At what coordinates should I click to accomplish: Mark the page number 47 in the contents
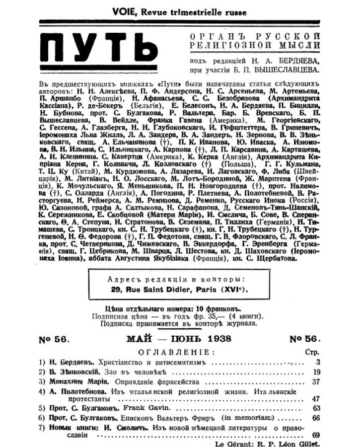pos(316,398)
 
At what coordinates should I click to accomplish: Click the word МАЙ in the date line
pos(138,340)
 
